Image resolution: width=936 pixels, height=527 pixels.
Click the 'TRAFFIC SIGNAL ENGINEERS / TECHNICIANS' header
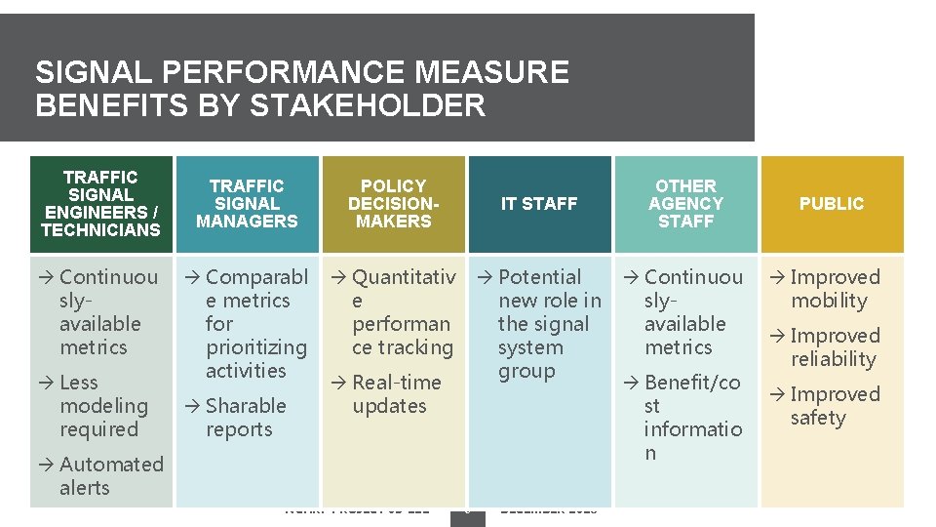100,203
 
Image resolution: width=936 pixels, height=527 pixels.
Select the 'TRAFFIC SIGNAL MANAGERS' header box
247,203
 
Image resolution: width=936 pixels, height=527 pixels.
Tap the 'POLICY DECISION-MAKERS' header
393,203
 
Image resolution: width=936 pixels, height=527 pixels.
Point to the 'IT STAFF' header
539,203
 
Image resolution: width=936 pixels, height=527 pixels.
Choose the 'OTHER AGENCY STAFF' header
685,203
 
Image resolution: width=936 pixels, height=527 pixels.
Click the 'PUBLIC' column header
832,203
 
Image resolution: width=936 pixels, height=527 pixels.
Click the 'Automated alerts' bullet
107,476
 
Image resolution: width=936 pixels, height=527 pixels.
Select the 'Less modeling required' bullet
101,406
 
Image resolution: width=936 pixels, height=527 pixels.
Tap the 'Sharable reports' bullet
244,418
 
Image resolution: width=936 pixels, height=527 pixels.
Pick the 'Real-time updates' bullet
395,394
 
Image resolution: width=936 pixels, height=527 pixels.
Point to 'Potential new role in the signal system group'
546,324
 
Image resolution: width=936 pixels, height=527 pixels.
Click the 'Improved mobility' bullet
834,289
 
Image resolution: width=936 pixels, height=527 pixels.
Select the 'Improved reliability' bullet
834,347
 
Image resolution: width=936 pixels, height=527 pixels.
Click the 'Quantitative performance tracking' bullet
400,312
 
